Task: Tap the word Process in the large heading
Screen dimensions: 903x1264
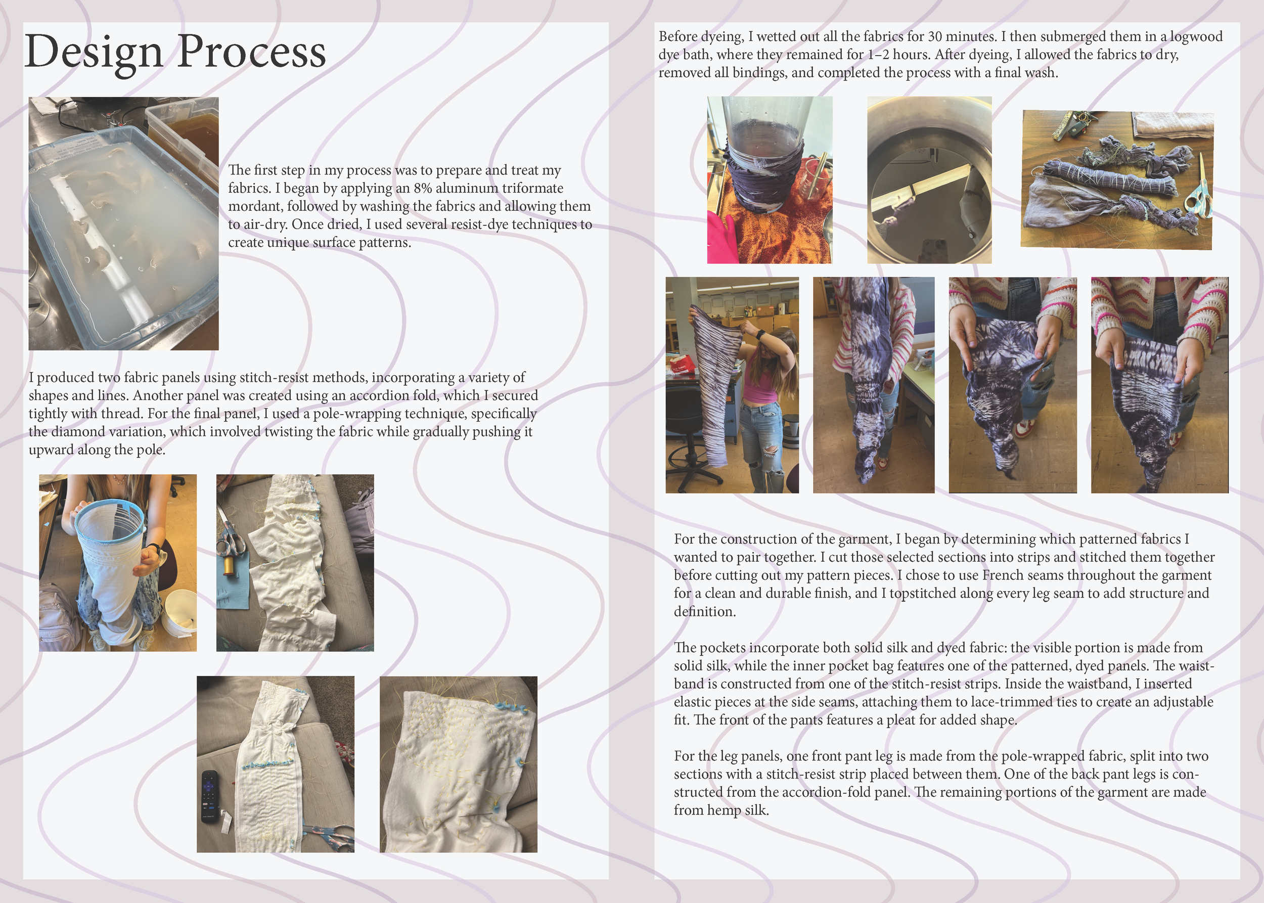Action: [251, 52]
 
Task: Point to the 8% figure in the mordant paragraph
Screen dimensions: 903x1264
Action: [423, 189]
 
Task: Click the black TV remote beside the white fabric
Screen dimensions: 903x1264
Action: [209, 796]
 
